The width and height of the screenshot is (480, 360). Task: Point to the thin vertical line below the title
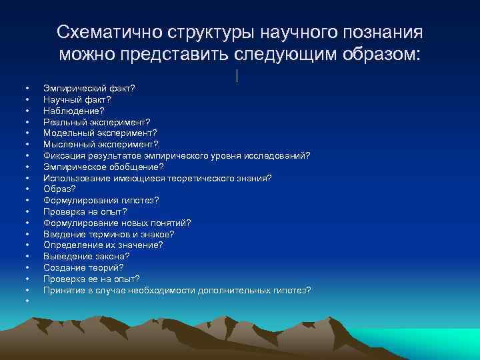pos(237,76)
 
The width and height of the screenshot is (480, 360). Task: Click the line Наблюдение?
pos(74,111)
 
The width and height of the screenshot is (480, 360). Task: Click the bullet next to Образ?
pos(27,189)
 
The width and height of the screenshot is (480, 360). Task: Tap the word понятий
pos(169,223)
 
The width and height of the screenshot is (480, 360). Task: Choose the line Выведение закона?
pos(86,256)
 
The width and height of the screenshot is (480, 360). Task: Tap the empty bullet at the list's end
pos(27,301)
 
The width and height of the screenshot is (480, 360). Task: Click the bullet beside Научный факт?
pos(27,100)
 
